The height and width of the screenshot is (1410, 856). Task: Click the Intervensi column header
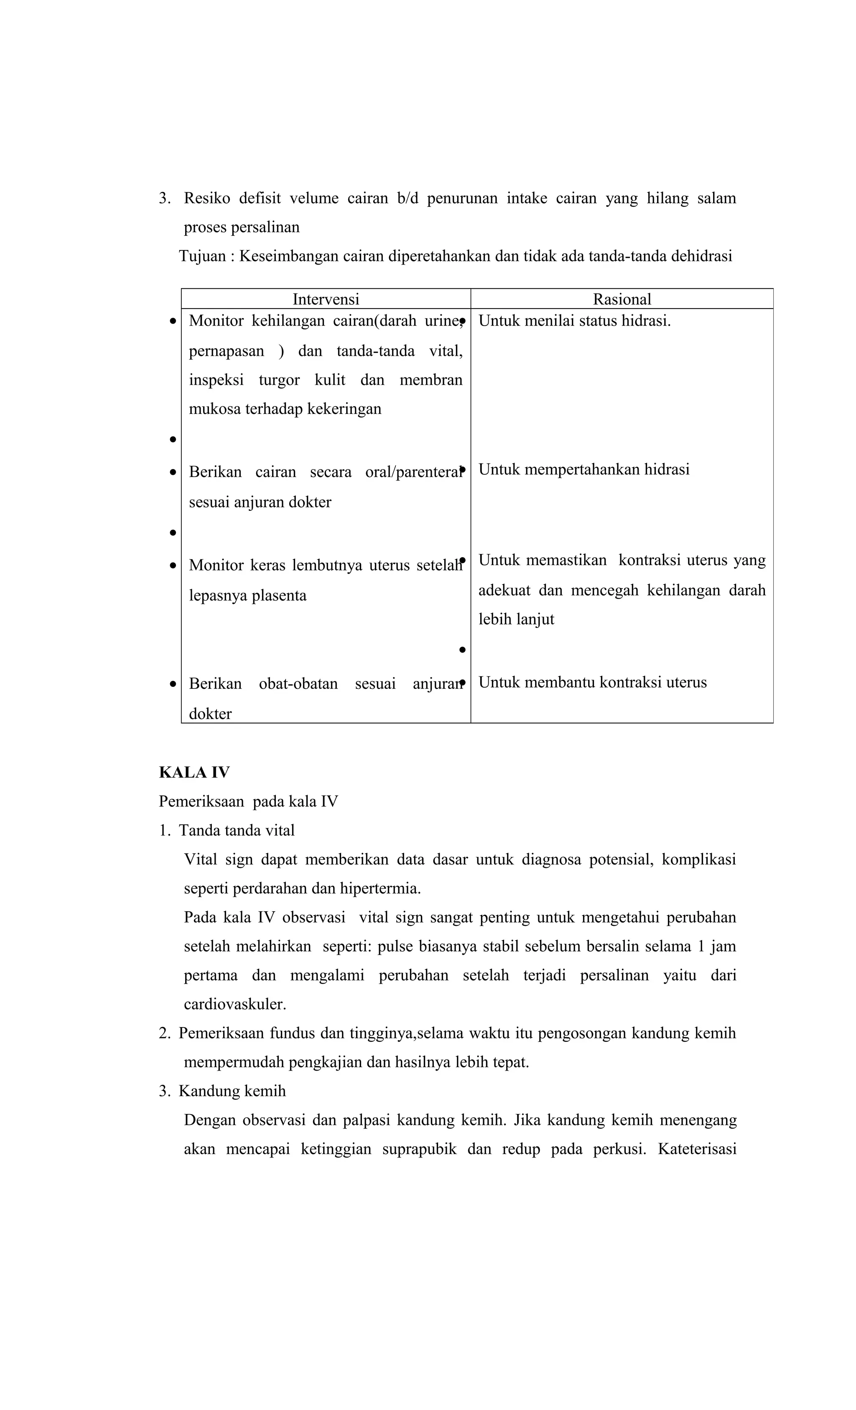326,299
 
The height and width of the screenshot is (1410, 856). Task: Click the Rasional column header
622,299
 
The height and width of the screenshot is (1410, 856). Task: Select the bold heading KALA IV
194,773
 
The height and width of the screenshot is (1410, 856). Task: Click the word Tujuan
203,256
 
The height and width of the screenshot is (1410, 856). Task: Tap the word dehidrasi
701,256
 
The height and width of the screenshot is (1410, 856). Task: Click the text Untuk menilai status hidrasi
574,321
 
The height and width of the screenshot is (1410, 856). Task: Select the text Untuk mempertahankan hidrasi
583,470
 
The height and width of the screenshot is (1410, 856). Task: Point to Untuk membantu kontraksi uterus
592,683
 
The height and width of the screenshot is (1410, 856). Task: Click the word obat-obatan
298,684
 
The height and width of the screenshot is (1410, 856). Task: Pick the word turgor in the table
279,380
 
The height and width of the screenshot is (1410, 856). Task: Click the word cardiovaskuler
234,1004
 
